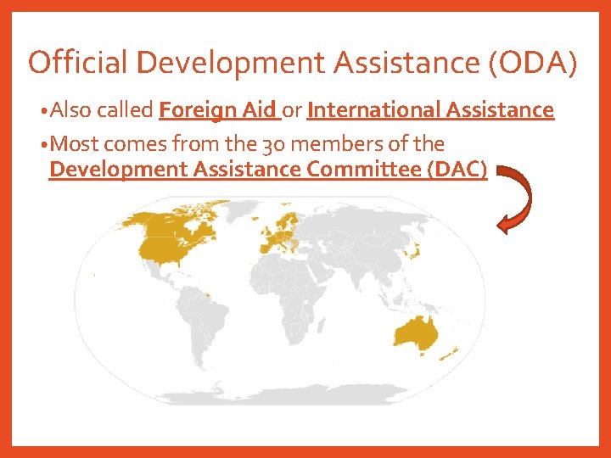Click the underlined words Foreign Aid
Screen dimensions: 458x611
pyautogui.click(x=218, y=110)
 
